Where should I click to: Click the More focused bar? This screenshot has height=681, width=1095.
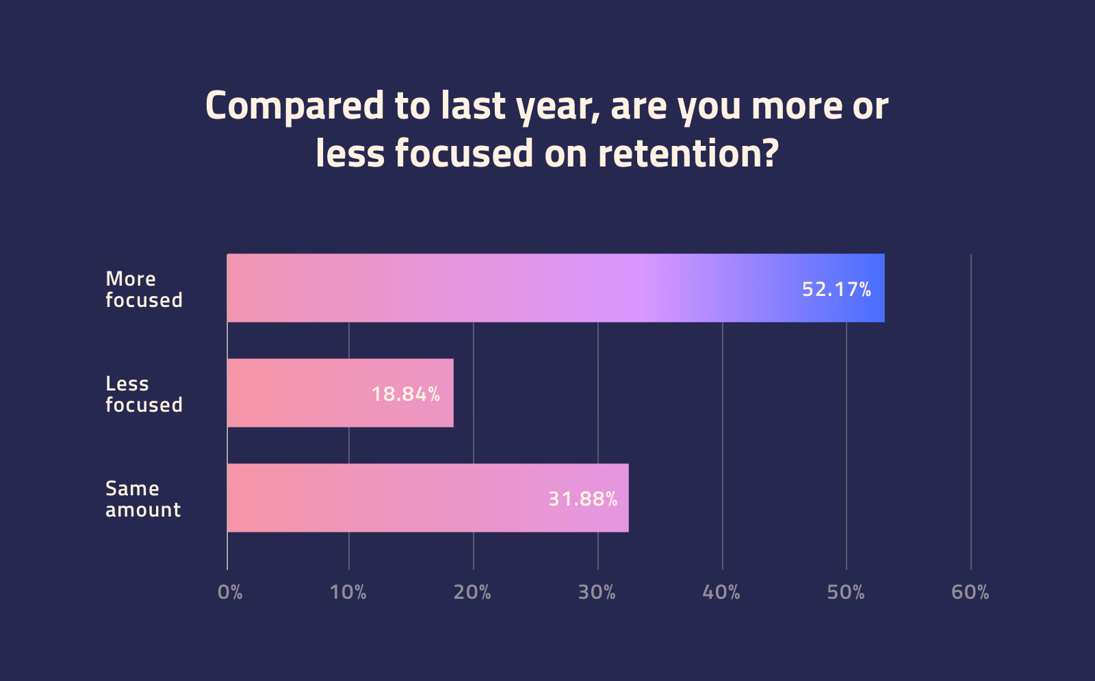[x=556, y=288]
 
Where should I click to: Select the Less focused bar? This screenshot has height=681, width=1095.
[x=340, y=393]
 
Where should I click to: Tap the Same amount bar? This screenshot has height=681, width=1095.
[x=428, y=497]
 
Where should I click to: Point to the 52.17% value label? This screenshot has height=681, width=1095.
[x=836, y=289]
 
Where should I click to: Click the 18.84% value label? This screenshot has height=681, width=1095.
[x=405, y=394]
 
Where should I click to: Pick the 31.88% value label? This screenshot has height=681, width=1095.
[x=582, y=499]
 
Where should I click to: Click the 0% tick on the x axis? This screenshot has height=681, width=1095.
[x=230, y=592]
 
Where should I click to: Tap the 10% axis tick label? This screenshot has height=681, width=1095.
[x=348, y=592]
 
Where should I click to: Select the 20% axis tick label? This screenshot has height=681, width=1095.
[x=472, y=592]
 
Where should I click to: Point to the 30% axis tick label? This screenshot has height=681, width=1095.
[x=597, y=592]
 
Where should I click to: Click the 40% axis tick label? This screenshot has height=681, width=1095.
[x=721, y=592]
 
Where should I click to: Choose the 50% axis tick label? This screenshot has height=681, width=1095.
[x=846, y=592]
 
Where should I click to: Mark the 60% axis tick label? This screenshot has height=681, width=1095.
[x=970, y=592]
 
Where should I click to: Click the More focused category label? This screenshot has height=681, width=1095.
[x=144, y=289]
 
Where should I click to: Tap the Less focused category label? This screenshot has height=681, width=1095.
[x=144, y=394]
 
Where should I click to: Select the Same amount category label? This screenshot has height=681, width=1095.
[x=143, y=499]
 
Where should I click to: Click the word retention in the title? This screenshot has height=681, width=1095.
[x=688, y=153]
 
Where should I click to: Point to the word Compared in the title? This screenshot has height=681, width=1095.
[x=295, y=107]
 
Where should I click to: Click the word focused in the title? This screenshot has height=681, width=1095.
[x=463, y=153]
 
